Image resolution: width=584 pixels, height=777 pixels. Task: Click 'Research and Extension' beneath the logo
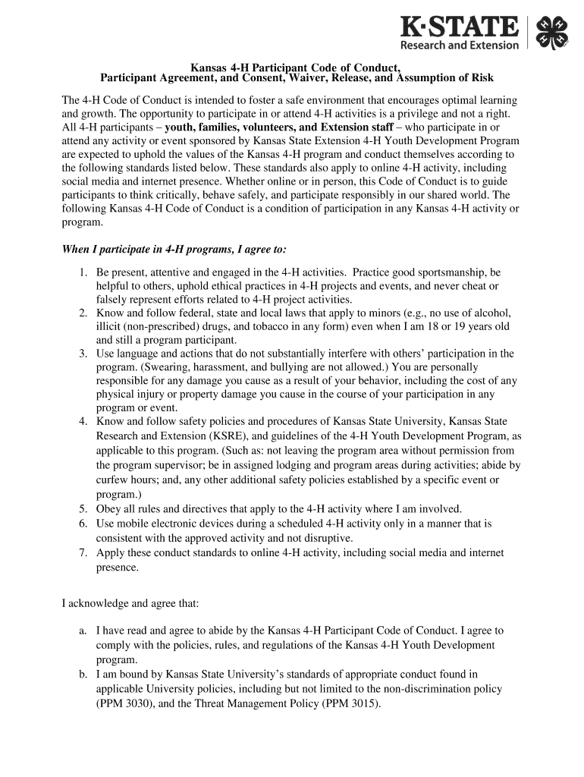pyautogui.click(x=460, y=46)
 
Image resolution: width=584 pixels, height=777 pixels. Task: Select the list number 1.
pyautogui.click(x=83, y=272)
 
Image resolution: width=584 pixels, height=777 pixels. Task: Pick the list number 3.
pyautogui.click(x=83, y=354)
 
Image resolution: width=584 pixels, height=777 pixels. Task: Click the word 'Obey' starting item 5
pyautogui.click(x=108, y=508)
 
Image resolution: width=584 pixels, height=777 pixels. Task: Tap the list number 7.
pyautogui.click(x=83, y=552)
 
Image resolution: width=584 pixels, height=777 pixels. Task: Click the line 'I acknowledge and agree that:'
pyautogui.click(x=130, y=604)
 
